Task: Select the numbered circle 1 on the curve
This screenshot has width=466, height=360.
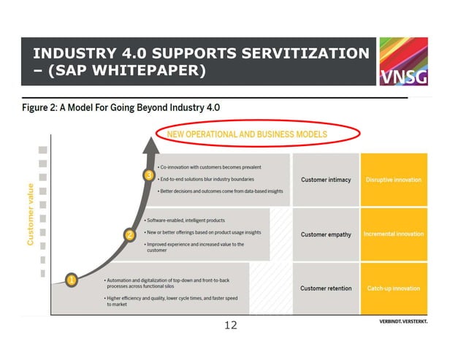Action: [x=72, y=280]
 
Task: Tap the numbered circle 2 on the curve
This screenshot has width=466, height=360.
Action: [x=129, y=235]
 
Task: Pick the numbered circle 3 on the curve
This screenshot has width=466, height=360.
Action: [x=148, y=176]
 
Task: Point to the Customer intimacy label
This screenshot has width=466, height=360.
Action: [x=326, y=180]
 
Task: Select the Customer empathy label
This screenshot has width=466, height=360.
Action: [x=326, y=234]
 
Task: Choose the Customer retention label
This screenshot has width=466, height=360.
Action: [x=326, y=288]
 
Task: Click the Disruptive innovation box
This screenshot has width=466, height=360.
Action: [x=393, y=180]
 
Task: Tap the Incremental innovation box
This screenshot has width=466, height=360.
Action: [x=393, y=234]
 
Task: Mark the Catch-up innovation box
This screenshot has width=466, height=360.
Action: [x=393, y=288]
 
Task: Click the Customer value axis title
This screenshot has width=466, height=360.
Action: [x=31, y=213]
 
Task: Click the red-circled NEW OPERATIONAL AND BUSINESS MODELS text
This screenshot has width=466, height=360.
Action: [x=247, y=134]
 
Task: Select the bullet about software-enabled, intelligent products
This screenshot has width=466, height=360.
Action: [x=195, y=220]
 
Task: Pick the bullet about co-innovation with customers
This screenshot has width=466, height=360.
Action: [x=210, y=167]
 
